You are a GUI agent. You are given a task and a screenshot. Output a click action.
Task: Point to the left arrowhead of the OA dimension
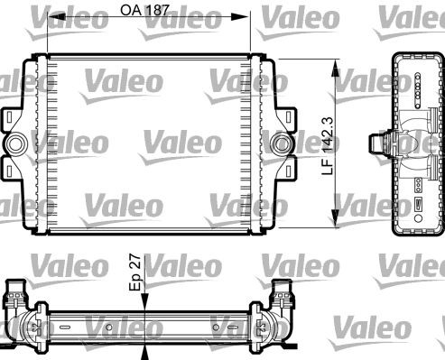pos(51,17)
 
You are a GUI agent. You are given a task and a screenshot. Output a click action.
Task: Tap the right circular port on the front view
pos(283,143)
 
